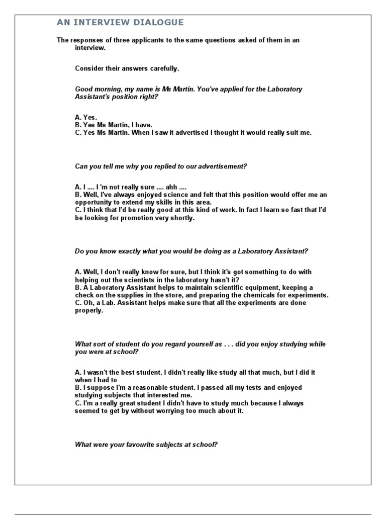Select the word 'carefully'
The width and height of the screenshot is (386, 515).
click(163, 68)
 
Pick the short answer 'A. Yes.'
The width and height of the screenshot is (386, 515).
click(86, 117)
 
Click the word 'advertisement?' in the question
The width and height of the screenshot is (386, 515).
click(223, 166)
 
